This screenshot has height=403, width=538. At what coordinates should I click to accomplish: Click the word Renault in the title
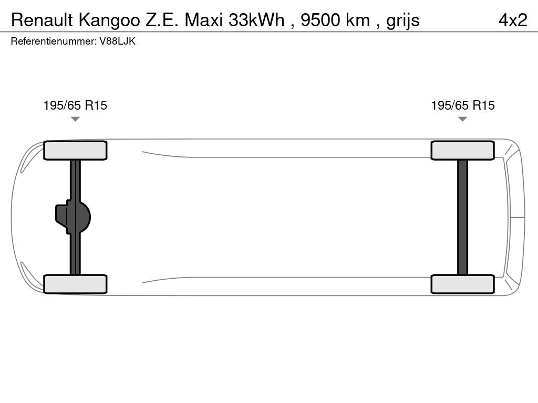(42, 20)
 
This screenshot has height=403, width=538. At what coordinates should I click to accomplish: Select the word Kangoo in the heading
(109, 21)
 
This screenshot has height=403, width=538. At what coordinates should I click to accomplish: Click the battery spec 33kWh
(256, 20)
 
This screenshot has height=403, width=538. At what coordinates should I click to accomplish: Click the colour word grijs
(403, 21)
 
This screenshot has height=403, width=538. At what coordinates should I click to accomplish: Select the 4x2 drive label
(513, 20)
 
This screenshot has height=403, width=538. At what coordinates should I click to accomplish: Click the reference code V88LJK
(117, 41)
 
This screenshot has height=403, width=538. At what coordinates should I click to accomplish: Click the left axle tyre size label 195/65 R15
(75, 105)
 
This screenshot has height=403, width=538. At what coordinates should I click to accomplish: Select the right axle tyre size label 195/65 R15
(463, 105)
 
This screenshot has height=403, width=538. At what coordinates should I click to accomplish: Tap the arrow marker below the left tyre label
(75, 119)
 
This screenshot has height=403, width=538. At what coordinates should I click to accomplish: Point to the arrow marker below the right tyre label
(462, 119)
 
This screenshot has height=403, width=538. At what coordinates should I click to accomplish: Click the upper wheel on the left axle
(75, 151)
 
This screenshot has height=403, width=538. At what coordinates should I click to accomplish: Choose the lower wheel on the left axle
(75, 284)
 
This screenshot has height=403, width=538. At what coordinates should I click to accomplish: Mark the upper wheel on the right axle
(462, 151)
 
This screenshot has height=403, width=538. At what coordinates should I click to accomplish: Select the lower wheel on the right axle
(462, 284)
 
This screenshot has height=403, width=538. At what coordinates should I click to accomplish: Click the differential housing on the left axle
(73, 217)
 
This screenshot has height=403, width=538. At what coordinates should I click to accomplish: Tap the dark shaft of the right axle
(462, 217)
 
